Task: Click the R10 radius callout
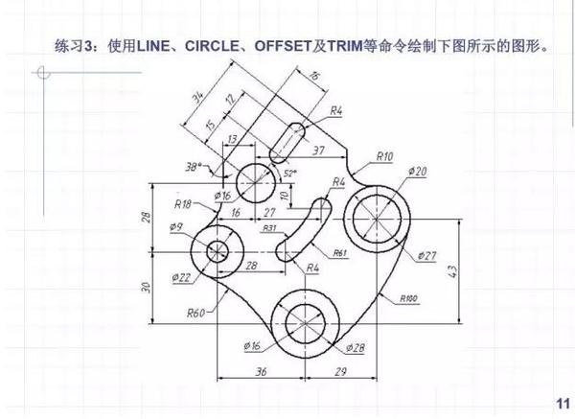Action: click(384, 155)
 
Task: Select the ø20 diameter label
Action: click(416, 171)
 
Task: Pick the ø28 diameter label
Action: click(353, 345)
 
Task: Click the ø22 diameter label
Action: click(182, 277)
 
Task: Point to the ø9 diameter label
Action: click(175, 227)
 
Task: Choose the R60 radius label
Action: click(196, 313)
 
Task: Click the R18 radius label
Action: click(183, 203)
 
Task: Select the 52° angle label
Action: click(289, 173)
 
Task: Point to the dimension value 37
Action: click(317, 150)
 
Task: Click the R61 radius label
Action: click(338, 252)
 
